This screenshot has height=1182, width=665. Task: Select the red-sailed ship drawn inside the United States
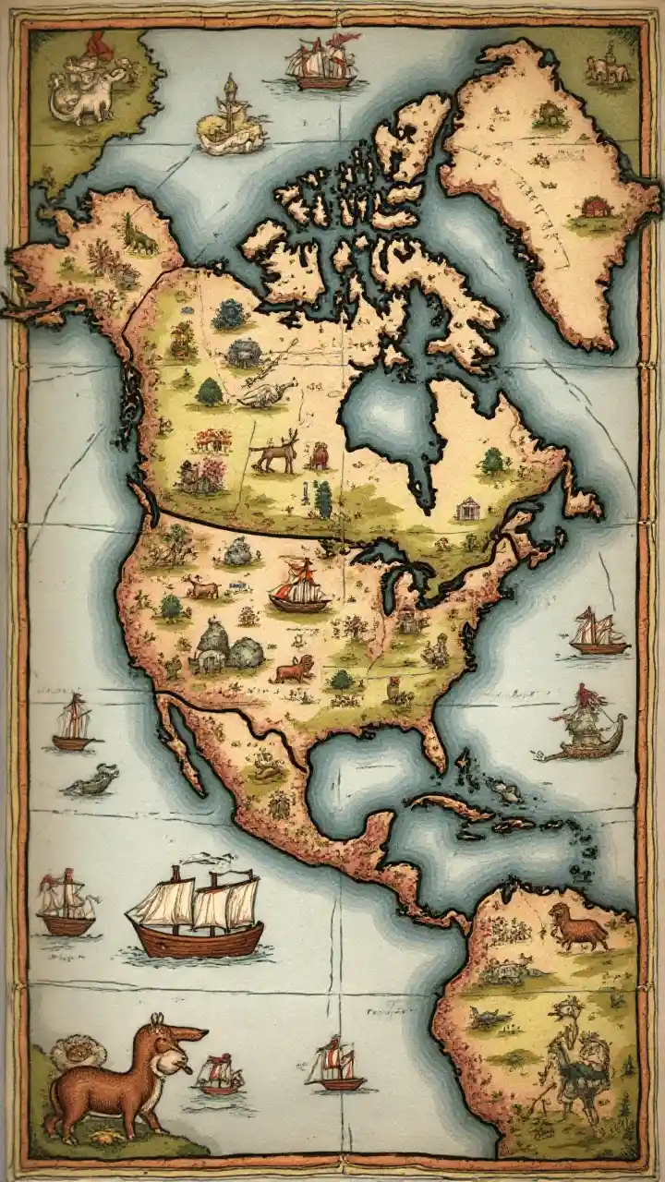pos(298,587)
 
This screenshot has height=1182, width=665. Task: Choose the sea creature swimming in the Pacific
pos(92,782)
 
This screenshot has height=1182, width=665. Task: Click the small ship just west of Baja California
pos(75,722)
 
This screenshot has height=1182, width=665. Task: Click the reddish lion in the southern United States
pos(293,669)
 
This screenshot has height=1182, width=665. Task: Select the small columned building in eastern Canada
pos(467,508)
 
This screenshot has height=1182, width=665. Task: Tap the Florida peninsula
pos(432,739)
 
